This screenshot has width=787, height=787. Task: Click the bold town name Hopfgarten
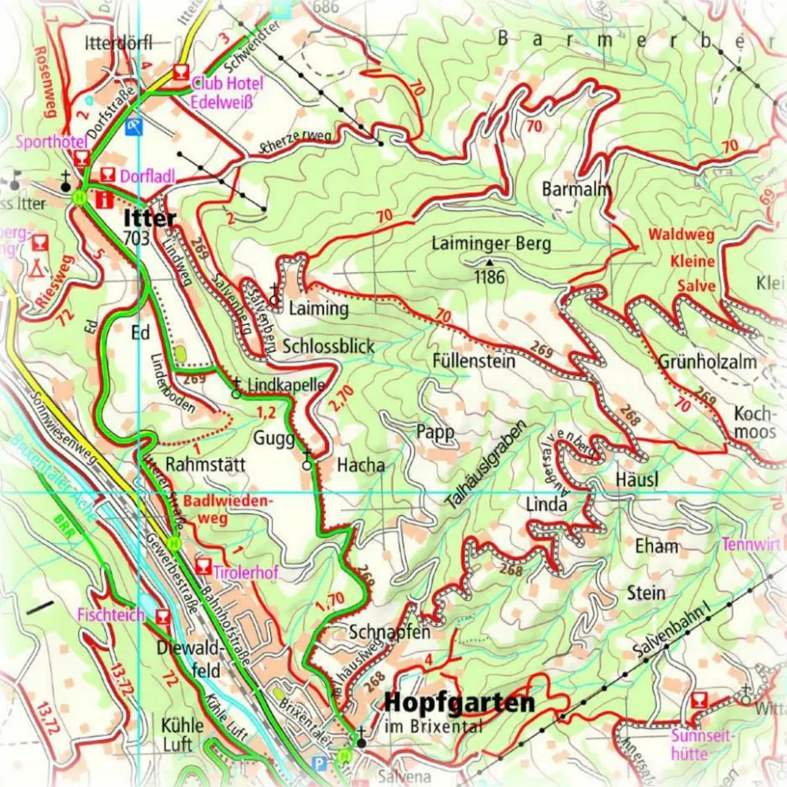pos(459,703)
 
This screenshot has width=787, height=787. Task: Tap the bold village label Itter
pos(150,219)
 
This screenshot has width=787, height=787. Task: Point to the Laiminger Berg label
pos(491,244)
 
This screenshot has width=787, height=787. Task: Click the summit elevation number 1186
pos(489,277)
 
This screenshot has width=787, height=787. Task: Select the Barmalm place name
pos(576,188)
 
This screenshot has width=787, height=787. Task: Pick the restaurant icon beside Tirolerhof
pos(202,568)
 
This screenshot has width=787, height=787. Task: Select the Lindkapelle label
pos(285,385)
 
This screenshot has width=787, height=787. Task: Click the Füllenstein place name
pos(474,362)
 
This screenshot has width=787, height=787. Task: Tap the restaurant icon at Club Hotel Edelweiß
pos(180,73)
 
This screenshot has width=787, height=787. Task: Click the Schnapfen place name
pos(390,631)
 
